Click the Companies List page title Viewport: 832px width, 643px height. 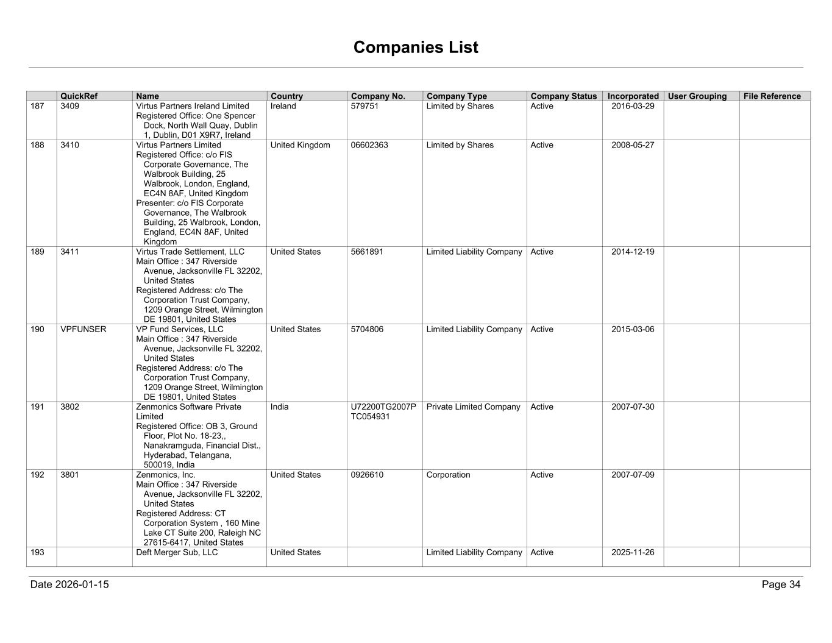[x=416, y=48]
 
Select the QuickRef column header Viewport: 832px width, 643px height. [x=79, y=96]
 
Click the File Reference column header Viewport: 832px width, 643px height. [x=772, y=96]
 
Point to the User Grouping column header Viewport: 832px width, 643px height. [x=697, y=96]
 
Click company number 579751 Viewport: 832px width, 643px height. [x=364, y=106]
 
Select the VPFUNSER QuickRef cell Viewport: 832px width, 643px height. [x=84, y=329]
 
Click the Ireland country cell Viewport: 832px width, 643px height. [x=283, y=106]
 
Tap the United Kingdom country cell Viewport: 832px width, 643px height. [x=300, y=145]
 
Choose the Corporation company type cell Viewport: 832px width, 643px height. [x=448, y=475]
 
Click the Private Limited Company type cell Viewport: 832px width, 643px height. [x=473, y=407]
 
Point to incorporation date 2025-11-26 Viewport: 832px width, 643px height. [x=633, y=552]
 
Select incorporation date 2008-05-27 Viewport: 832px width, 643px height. [x=633, y=145]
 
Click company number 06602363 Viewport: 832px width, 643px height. [x=369, y=145]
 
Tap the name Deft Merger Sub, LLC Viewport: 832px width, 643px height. [x=177, y=552]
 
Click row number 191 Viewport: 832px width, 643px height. [x=37, y=407]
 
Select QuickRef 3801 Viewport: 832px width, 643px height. [x=69, y=475]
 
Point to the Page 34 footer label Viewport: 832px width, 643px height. [x=781, y=584]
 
